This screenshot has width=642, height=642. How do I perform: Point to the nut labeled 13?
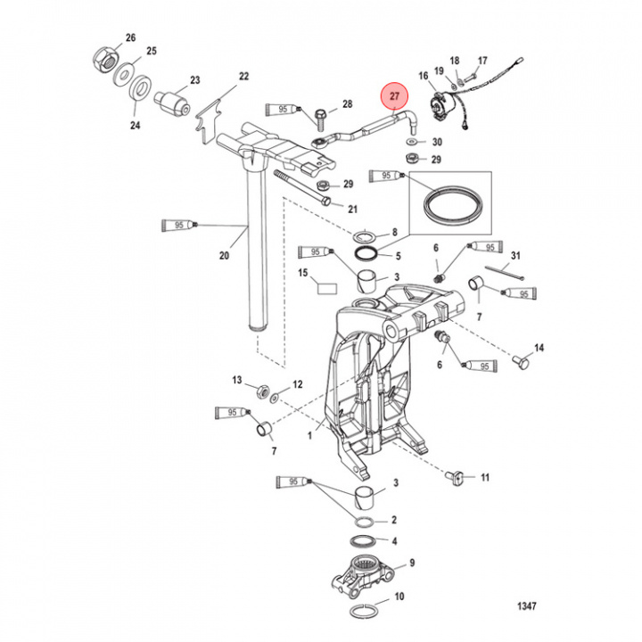click(x=263, y=391)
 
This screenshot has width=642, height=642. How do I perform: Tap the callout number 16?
click(x=424, y=78)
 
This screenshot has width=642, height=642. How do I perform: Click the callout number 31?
click(x=514, y=258)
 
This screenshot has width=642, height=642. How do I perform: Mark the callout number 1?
click(x=309, y=436)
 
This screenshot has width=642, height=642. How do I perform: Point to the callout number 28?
click(x=346, y=104)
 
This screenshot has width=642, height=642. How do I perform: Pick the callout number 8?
click(x=382, y=231)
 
